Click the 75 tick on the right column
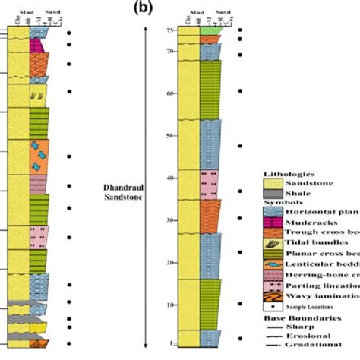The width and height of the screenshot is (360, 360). [x=172, y=30]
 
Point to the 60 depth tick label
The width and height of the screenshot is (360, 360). [x=172, y=94]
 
